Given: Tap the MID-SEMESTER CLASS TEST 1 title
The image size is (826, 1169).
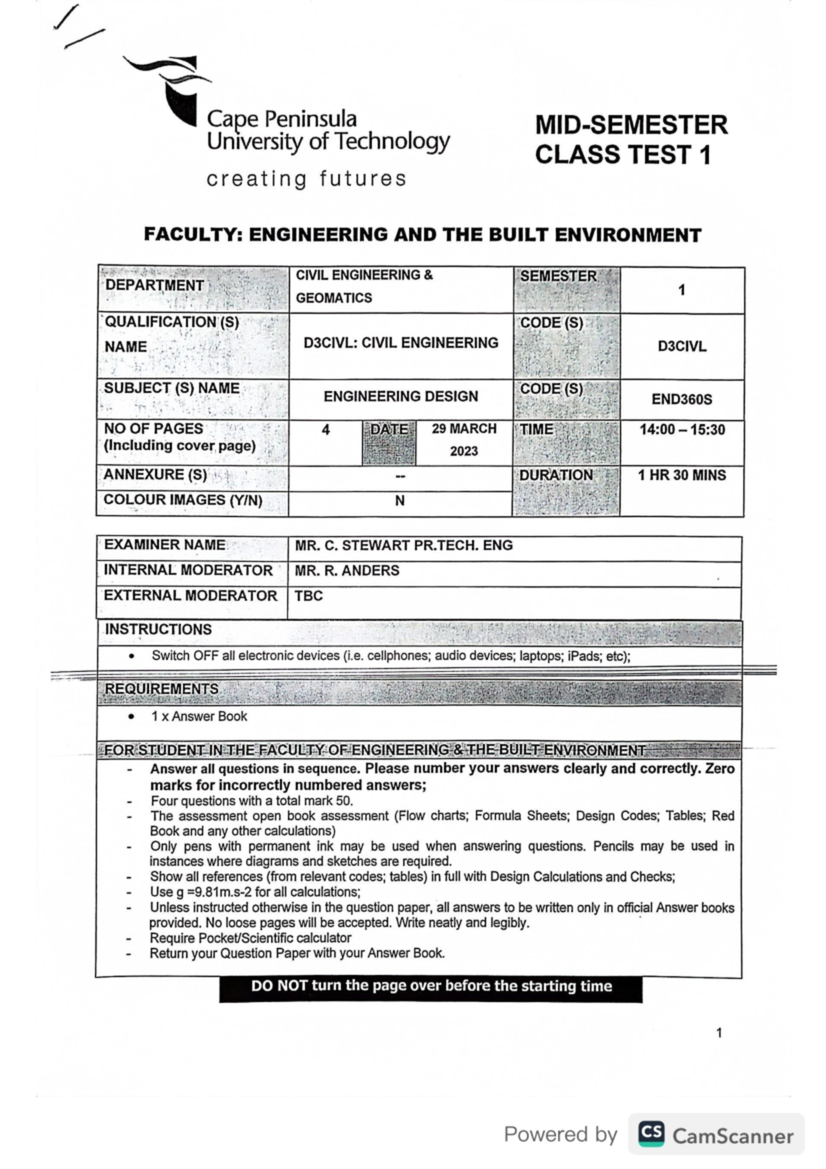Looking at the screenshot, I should click(x=631, y=140).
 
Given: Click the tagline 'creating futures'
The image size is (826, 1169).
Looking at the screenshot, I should click(x=306, y=179).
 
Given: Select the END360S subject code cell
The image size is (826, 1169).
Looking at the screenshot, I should click(x=681, y=399).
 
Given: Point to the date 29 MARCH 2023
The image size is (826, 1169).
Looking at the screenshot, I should click(x=464, y=439).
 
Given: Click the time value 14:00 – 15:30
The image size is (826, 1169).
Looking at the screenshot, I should click(x=681, y=430).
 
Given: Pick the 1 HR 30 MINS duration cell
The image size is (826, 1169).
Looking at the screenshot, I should click(x=681, y=475).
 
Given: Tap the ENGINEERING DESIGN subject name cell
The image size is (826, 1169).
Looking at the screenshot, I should click(x=401, y=397).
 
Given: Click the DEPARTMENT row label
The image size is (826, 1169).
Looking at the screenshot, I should click(x=155, y=286).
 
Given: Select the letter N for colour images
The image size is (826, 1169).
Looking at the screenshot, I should click(x=400, y=501).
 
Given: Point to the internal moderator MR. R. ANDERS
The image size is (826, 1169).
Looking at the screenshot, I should click(x=347, y=571).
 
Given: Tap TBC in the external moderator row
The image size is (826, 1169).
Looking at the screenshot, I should click(x=308, y=596).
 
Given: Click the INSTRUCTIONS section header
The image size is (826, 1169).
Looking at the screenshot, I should click(x=158, y=630).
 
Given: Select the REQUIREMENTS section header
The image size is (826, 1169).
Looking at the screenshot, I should click(x=162, y=689).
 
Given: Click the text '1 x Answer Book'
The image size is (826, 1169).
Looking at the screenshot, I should click(x=199, y=717).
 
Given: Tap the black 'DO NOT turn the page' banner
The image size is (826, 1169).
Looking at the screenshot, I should click(x=431, y=986).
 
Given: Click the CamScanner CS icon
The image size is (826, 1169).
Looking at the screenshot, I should click(x=651, y=1134).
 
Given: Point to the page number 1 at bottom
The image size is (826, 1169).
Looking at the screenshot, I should click(x=719, y=1033).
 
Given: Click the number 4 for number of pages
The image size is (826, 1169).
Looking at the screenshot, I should click(x=326, y=430).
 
